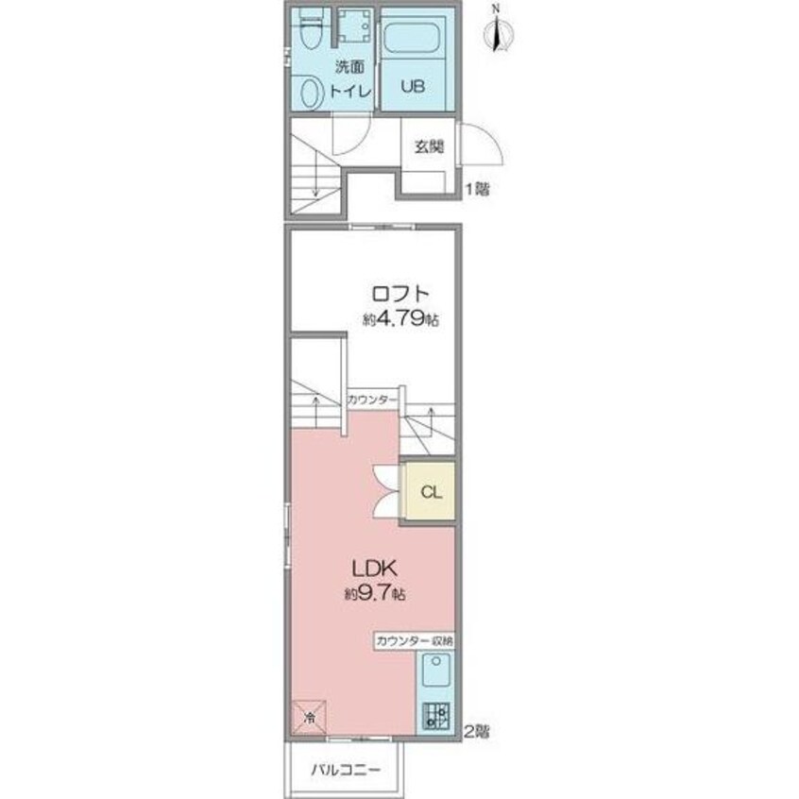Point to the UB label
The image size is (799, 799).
tap(413, 86)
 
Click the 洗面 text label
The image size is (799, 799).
tap(349, 67)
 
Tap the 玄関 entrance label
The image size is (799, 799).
tap(428, 146)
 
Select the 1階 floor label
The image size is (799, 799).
tap(477, 190)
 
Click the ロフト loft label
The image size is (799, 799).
tap(400, 294)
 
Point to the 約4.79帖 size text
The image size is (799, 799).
tap(400, 319)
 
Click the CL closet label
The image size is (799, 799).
tap(431, 492)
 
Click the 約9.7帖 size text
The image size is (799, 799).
tap(375, 594)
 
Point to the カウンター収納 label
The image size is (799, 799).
tap(415, 641)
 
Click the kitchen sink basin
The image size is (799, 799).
tap(436, 670)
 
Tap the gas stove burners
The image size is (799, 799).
tap(437, 716)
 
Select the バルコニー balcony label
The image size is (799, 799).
tap(346, 770)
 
